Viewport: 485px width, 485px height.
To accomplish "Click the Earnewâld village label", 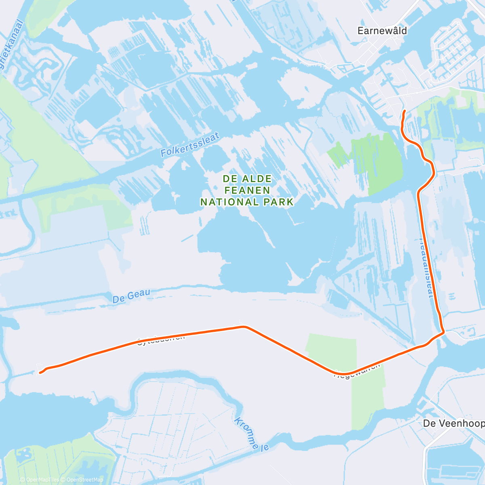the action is click(382, 31).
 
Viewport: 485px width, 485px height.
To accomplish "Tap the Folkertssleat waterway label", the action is click(190, 144).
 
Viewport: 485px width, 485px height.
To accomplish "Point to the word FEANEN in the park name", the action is click(247, 190).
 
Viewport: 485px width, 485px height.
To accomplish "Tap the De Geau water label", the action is click(131, 296).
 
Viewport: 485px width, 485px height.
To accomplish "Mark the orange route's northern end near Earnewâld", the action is click(405, 110).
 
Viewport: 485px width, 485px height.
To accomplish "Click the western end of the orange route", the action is click(40, 373).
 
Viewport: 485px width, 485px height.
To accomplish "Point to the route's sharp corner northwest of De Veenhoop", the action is click(444, 332).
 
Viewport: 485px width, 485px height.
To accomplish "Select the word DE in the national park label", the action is click(230, 179).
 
